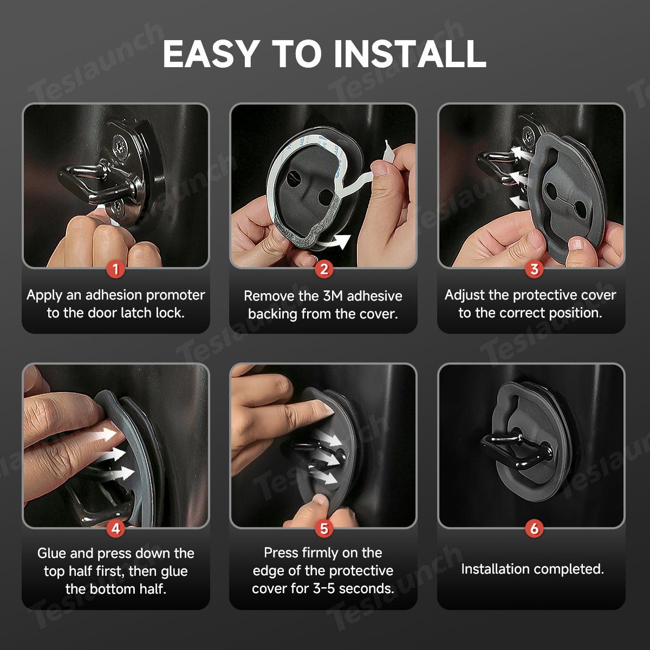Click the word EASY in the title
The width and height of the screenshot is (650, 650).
pyautogui.click(x=211, y=54)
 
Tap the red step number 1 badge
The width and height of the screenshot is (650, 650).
pyautogui.click(x=116, y=270)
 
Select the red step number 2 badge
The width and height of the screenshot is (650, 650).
pyautogui.click(x=324, y=270)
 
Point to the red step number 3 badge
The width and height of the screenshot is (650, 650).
pyautogui.click(x=534, y=270)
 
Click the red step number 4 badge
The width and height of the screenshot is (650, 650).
pyautogui.click(x=116, y=529)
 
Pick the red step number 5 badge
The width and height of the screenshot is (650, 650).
pyautogui.click(x=324, y=529)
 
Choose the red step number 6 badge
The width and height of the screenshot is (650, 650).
pyautogui.click(x=534, y=529)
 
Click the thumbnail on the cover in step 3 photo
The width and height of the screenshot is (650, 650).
pyautogui.click(x=578, y=244)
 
